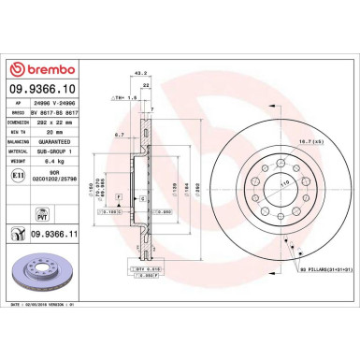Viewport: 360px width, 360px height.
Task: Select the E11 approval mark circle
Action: (22, 176)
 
